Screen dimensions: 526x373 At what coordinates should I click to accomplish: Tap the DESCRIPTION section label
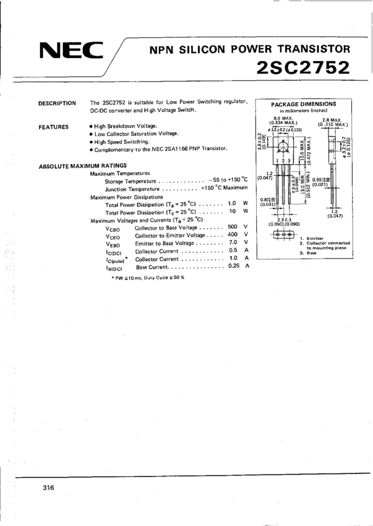point(57,103)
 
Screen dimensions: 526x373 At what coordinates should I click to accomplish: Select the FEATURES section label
point(54,127)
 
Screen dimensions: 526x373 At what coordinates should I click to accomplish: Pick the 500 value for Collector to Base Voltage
point(233,226)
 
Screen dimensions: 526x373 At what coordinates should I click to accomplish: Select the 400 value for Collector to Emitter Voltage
point(233,235)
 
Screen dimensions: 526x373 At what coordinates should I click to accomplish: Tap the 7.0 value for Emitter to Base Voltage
point(233,243)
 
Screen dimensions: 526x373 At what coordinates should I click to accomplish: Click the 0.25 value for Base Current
point(233,266)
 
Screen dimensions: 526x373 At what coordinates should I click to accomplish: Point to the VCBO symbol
point(113,228)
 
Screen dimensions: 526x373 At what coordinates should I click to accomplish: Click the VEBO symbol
point(113,244)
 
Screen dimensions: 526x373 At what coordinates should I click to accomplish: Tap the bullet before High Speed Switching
point(90,142)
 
